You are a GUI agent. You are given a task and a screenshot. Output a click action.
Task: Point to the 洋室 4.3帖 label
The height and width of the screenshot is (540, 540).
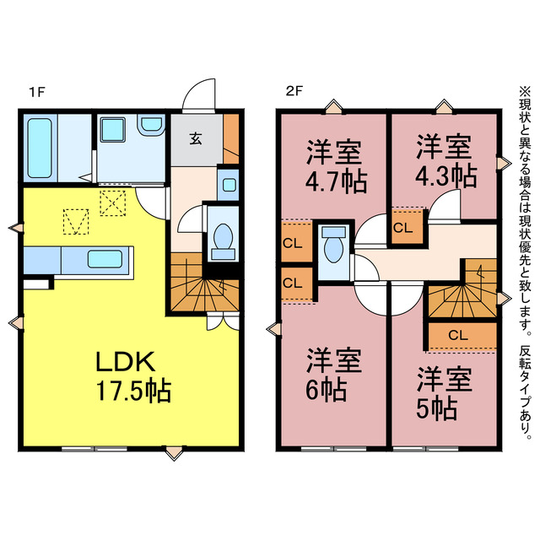coord(445,161)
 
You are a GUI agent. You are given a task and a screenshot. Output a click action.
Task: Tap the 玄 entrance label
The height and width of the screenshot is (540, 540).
coord(195,138)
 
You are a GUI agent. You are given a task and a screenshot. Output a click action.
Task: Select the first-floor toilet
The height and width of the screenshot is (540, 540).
coord(224,237)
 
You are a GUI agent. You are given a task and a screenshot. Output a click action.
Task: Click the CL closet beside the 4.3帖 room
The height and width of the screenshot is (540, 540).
coord(402,227)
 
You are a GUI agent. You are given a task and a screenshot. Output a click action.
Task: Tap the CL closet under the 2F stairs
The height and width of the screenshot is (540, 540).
coord(460,335)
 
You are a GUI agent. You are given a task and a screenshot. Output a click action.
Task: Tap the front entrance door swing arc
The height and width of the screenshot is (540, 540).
coord(200,94)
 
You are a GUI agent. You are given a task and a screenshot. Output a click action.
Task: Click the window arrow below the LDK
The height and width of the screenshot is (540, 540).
coord(173,453)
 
